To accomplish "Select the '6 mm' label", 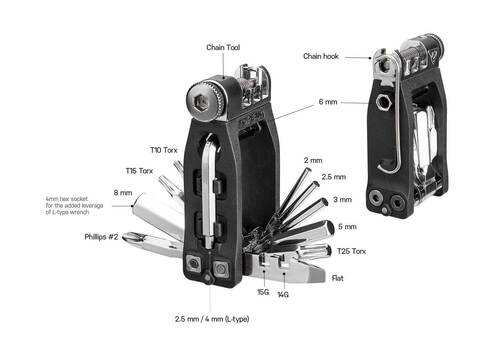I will click(x=327, y=102).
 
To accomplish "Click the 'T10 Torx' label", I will click(x=165, y=149).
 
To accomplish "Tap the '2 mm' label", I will click(x=312, y=160).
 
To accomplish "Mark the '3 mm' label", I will click(x=342, y=200).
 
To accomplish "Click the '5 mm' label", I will click(x=346, y=226).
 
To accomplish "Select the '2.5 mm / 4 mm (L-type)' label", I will click(x=212, y=319).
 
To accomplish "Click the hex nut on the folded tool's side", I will click(x=385, y=102).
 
